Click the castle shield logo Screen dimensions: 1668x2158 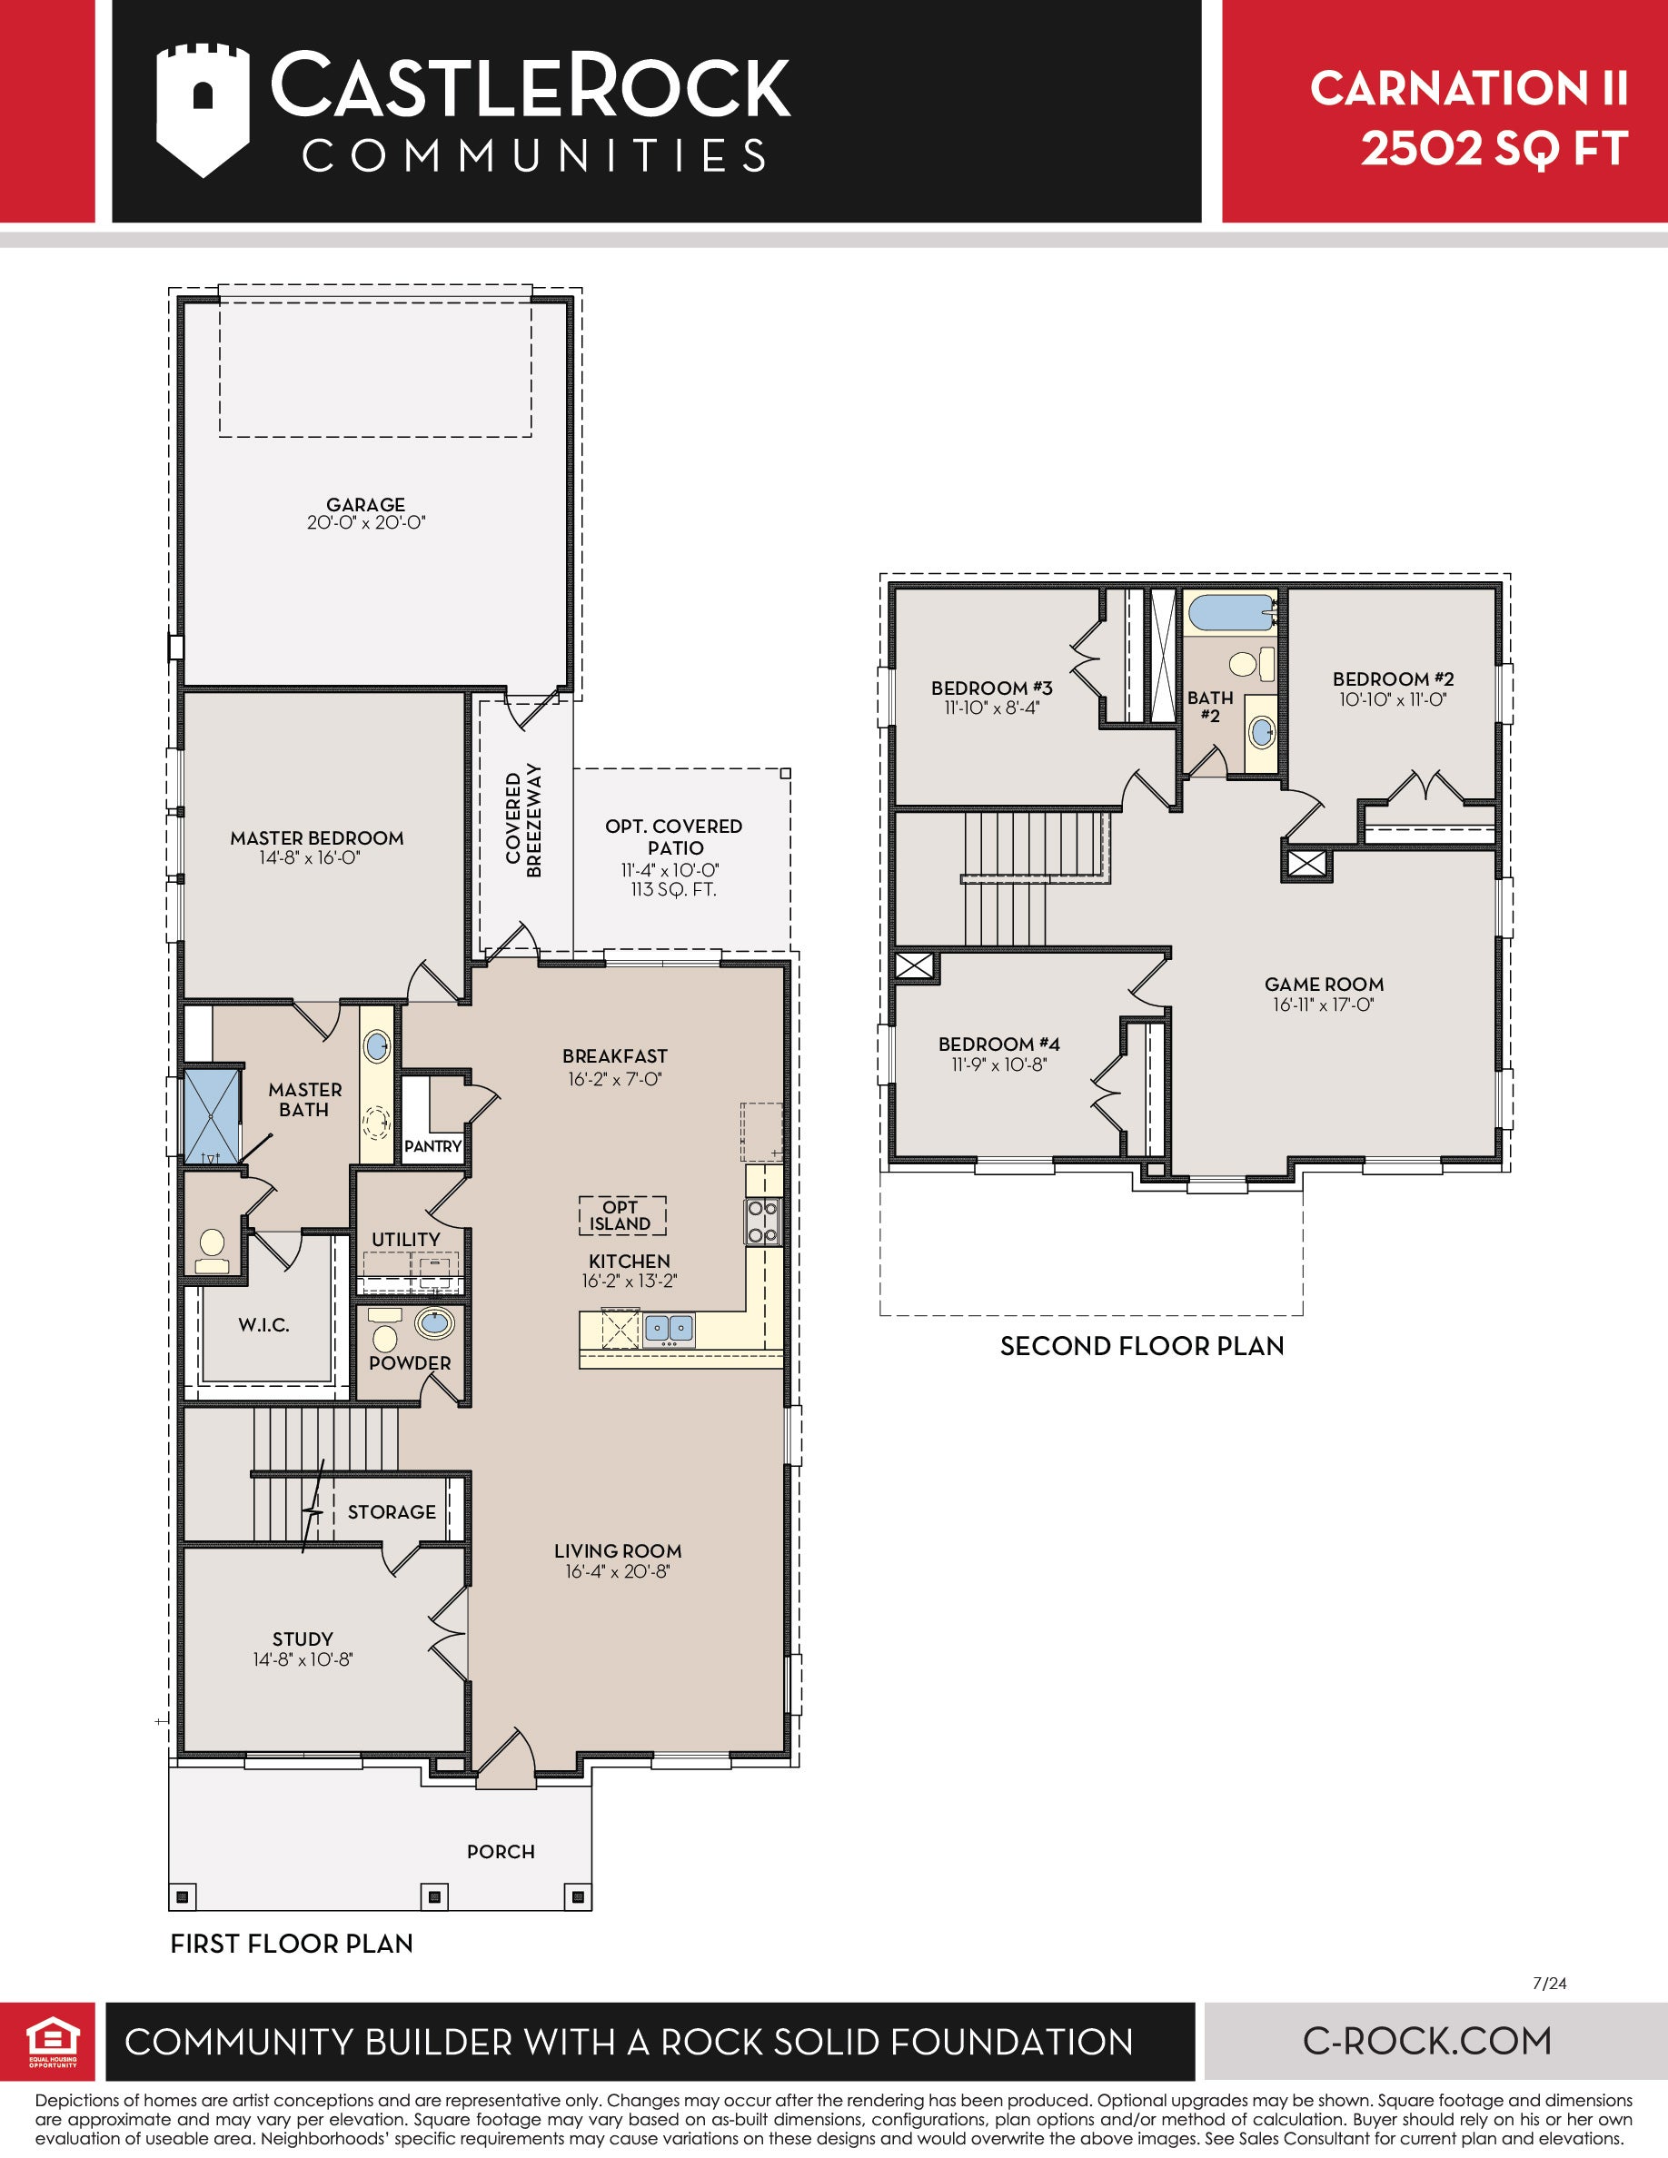(203, 110)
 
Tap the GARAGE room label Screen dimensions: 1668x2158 (365, 505)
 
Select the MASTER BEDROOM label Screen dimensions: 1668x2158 (317, 838)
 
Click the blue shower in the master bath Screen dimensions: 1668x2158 (213, 1114)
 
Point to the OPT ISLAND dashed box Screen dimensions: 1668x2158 (621, 1215)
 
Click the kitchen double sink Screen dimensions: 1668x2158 (669, 1328)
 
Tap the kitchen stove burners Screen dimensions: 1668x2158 (763, 1222)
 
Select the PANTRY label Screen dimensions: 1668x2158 (432, 1146)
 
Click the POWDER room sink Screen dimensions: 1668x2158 (433, 1322)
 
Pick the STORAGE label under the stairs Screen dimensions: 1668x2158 (392, 1512)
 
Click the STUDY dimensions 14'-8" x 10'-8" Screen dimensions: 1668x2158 (303, 1659)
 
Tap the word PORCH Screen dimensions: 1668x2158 (501, 1852)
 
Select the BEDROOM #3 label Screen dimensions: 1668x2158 (992, 688)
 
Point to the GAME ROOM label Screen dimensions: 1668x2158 (1324, 985)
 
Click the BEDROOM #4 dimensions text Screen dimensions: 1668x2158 (999, 1064)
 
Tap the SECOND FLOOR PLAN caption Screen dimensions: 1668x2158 (1142, 1346)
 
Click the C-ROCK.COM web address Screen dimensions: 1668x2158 (1427, 2041)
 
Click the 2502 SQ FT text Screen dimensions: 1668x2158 (1494, 149)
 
